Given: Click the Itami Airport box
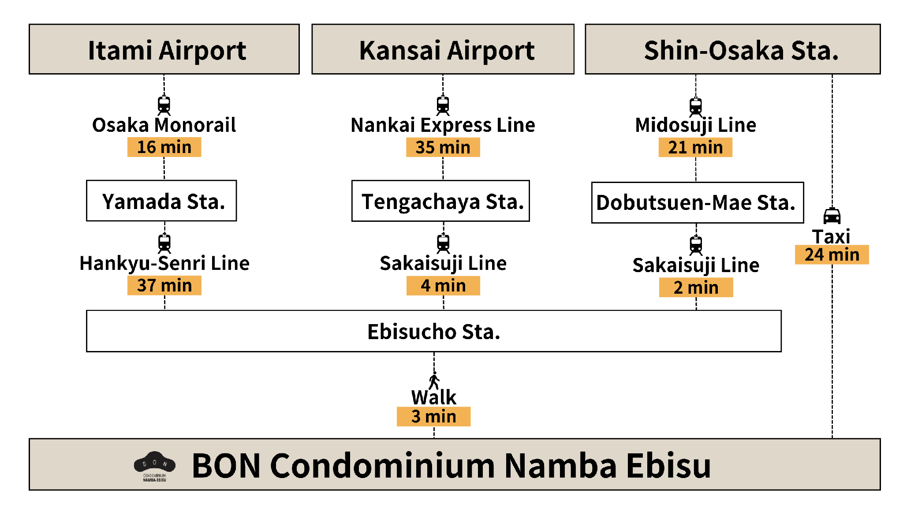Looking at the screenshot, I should point(164,49).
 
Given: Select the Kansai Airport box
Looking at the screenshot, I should point(443,49).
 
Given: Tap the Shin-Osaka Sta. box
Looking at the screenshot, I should point(732,49).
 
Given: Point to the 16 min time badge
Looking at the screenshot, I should point(164,147).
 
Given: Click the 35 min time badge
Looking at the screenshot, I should point(443,147).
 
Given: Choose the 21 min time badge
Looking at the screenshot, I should point(695,147).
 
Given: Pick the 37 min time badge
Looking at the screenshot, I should point(164,285).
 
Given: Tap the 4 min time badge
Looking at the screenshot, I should point(443,285).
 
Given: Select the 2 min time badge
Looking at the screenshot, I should point(696,288).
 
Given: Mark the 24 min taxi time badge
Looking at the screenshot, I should point(832,255).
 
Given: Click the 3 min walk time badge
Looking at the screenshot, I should point(433,416).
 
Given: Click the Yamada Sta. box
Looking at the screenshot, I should point(161,201).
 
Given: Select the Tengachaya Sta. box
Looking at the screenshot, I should point(440,201).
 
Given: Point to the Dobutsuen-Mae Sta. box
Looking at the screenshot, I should point(697,203).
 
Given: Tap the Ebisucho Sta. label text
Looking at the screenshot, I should point(433,332).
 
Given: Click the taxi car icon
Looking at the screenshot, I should point(832,216).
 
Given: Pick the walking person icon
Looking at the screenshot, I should point(434,381).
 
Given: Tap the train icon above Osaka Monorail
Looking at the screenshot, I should point(164,105).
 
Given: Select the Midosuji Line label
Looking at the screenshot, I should point(695,125).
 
